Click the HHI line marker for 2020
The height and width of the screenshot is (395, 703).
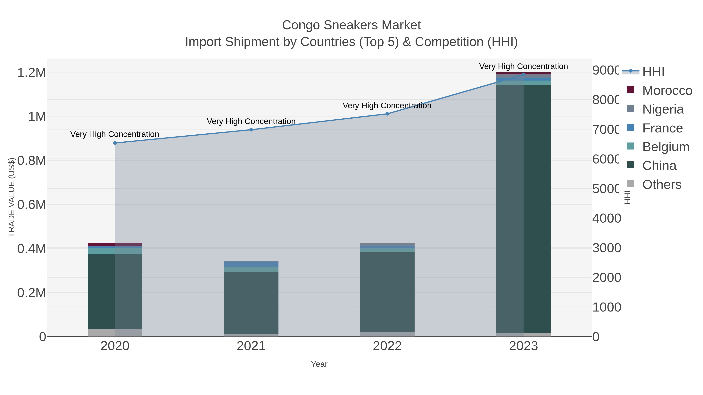pyautogui.click(x=115, y=143)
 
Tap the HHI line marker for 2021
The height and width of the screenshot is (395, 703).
pyautogui.click(x=251, y=130)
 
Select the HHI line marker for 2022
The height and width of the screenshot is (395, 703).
pyautogui.click(x=387, y=114)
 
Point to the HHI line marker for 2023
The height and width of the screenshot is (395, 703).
pyautogui.click(x=523, y=75)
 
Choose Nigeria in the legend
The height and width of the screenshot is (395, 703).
pyautogui.click(x=663, y=109)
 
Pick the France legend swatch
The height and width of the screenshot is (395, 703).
pyautogui.click(x=631, y=127)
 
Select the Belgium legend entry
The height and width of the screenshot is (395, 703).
pyautogui.click(x=665, y=147)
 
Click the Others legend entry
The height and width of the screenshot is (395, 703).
pyautogui.click(x=662, y=185)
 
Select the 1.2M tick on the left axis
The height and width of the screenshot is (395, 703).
pyautogui.click(x=32, y=73)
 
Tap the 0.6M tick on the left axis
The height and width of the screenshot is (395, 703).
pyautogui.click(x=32, y=205)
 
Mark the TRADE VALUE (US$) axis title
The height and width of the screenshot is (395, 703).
pyautogui.click(x=12, y=197)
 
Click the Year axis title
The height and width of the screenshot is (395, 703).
pyautogui.click(x=319, y=364)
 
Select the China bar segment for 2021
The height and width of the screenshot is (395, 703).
pyautogui.click(x=251, y=303)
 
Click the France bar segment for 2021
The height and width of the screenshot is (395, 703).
pyautogui.click(x=251, y=264)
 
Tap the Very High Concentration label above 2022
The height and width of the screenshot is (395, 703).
pyautogui.click(x=387, y=106)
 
